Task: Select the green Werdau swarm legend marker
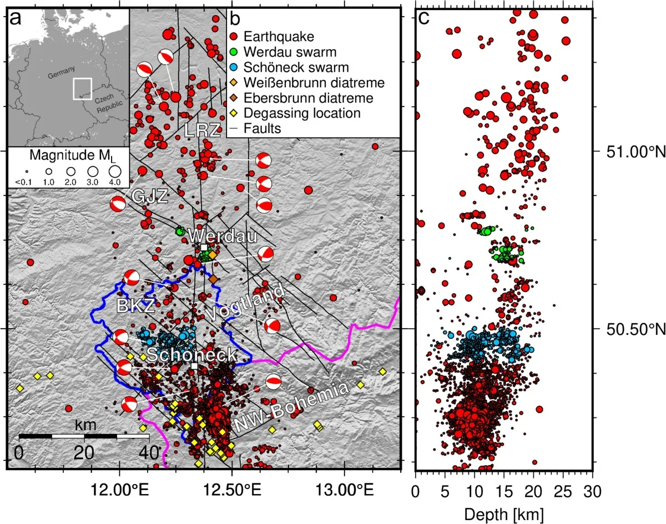click(234, 53)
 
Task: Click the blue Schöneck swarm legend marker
click(234, 68)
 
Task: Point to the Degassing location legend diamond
click(234, 113)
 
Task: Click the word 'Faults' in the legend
click(265, 128)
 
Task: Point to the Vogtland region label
click(249, 301)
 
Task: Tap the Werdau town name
click(222, 236)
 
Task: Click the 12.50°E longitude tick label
click(232, 492)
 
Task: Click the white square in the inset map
click(82, 89)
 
